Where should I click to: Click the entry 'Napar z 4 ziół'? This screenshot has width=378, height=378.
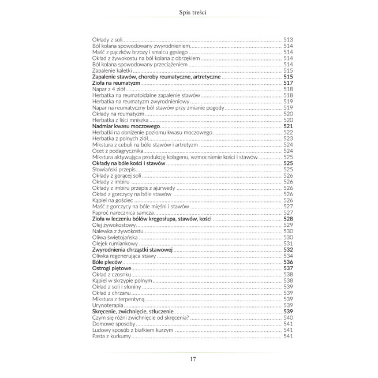(108, 89)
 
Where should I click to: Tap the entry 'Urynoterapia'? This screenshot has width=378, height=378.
(107, 305)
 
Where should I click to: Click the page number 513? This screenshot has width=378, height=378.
(289, 39)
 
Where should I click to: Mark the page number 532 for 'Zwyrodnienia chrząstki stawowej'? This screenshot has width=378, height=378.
(289, 250)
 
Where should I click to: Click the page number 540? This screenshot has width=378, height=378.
(289, 318)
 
